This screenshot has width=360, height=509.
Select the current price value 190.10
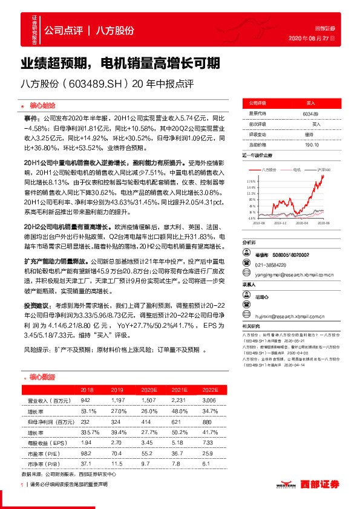click(x=311, y=145)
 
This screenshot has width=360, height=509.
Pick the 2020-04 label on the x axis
click(x=304, y=222)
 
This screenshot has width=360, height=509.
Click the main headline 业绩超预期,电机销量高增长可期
click(x=120, y=63)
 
